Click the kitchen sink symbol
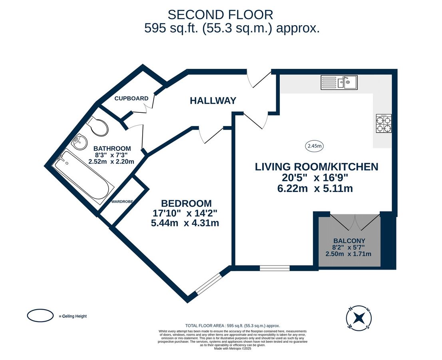click(x=339, y=83)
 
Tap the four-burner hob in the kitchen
click(x=383, y=124)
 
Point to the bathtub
click(x=84, y=178)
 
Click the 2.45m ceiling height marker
click(x=315, y=146)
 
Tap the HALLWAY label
click(x=213, y=101)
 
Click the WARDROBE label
click(x=122, y=202)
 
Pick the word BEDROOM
click(x=186, y=203)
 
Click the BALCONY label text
click(x=349, y=241)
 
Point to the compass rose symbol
click(x=359, y=318)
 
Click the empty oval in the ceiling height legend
click(x=40, y=316)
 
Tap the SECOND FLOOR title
click(x=220, y=15)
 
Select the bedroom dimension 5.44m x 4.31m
click(x=185, y=223)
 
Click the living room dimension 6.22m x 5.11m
click(x=315, y=188)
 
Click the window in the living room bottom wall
click(x=275, y=268)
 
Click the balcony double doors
click(x=355, y=222)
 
